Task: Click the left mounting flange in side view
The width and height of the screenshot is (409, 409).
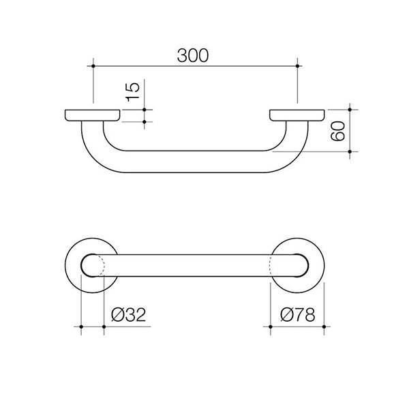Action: tap(92, 115)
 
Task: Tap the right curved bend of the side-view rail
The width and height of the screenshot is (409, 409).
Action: tap(290, 147)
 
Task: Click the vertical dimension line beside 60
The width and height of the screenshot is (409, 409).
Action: tap(349, 130)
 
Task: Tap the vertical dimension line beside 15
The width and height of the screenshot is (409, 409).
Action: tap(145, 115)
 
